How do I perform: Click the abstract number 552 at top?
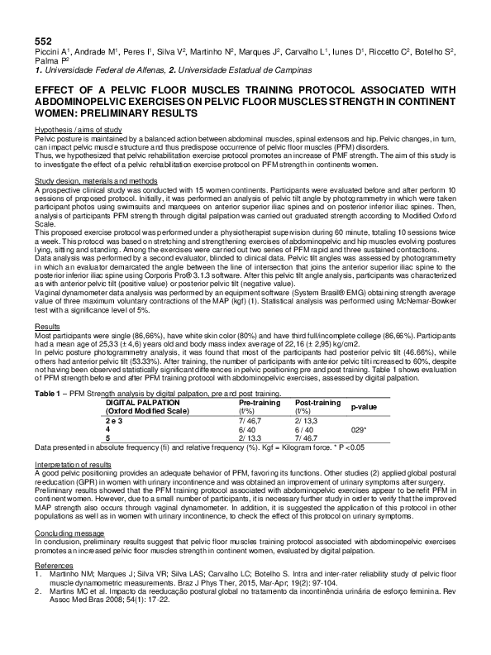[43, 41]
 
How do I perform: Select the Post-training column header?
[318, 402]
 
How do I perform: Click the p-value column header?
[365, 407]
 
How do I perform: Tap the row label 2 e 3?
[117, 421]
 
